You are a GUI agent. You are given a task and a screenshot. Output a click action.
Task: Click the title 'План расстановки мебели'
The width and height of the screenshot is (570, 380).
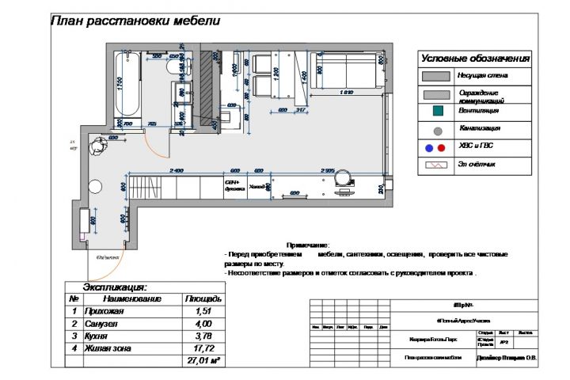[135, 21]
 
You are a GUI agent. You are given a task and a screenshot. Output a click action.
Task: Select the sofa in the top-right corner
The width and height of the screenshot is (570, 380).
[349, 71]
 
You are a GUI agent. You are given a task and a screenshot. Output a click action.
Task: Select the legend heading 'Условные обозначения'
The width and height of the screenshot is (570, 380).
[474, 59]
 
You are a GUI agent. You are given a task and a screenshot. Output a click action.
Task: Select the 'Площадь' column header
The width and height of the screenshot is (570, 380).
[203, 299]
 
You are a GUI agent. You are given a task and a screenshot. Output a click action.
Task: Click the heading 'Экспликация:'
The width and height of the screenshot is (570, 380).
[116, 287]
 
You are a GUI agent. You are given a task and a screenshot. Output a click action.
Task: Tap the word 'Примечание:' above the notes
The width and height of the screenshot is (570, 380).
[308, 246]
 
